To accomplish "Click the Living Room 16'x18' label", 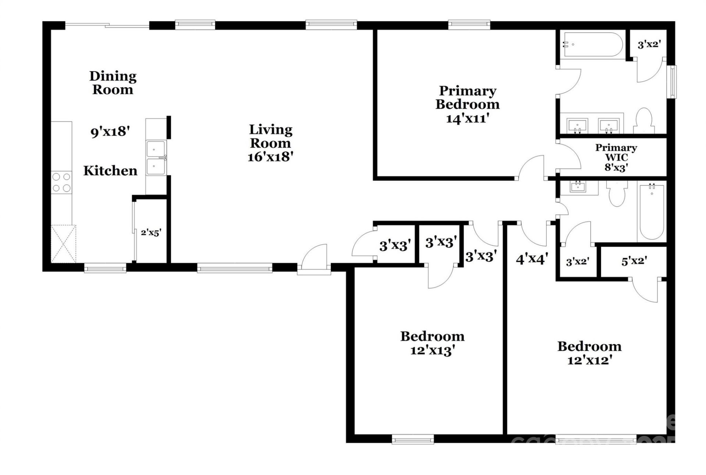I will [271, 143].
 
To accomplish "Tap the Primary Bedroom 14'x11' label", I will [467, 104].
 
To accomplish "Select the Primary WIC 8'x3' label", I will [616, 157].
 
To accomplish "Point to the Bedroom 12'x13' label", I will [432, 343].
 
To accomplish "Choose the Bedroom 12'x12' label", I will [589, 353].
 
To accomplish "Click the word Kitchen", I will [110, 171].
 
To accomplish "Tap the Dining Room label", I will [113, 83].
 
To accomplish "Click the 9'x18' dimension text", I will [110, 132].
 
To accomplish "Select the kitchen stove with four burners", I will [61, 183].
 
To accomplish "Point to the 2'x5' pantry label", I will [151, 233].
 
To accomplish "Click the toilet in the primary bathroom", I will [643, 121].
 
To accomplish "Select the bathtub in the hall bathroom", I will [652, 212].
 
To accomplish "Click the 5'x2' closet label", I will [634, 261].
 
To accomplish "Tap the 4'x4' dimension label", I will [532, 259].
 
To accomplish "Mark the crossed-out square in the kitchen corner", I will [63, 243].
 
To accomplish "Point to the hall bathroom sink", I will [577, 187].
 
